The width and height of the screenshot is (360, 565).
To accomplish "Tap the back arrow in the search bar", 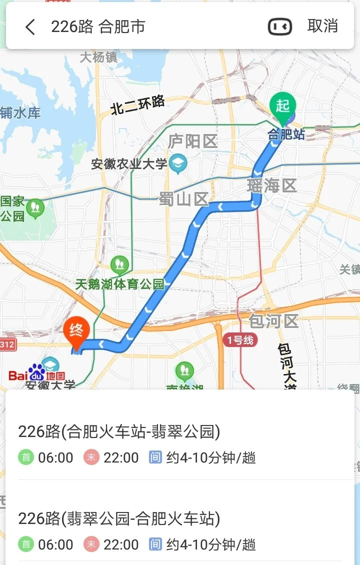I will (30, 27).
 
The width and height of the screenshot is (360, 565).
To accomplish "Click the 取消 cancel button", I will (322, 26).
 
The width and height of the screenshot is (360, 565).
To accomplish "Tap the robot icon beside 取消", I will (280, 27).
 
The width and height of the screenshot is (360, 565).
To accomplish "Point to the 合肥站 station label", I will (286, 134).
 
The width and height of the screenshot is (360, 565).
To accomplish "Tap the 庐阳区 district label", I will (192, 141).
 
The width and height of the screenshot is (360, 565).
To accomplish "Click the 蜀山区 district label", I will (183, 199).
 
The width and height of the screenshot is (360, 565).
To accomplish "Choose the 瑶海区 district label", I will (272, 186).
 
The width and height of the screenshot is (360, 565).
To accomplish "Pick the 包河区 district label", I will (273, 320).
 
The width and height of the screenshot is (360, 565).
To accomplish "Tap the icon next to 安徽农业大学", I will (177, 162).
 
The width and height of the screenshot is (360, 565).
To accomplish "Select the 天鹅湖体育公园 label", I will (120, 284).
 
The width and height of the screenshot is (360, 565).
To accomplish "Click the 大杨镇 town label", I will (98, 57).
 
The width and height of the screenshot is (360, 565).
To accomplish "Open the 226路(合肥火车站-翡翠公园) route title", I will (119, 431).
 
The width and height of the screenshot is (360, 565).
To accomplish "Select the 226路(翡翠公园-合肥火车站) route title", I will (119, 518).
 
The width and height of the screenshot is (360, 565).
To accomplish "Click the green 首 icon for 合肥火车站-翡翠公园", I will (25, 457).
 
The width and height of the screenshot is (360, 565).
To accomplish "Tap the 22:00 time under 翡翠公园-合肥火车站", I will (121, 544).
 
